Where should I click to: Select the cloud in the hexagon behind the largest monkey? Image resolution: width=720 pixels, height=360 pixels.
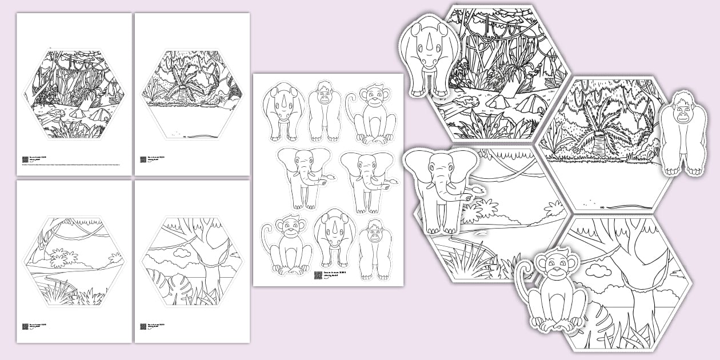(x=597, y=269)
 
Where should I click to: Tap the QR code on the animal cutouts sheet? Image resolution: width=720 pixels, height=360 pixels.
(x=318, y=275)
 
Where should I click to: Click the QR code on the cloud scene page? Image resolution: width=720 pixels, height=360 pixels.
(x=143, y=327)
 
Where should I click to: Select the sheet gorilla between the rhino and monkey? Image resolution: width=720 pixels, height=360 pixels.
(x=324, y=111)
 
